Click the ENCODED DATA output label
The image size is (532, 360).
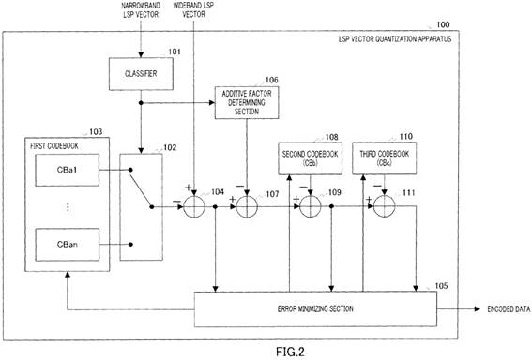(x=509, y=309)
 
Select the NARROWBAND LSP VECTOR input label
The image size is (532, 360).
(x=141, y=10)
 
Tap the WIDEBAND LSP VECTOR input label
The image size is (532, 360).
(x=193, y=10)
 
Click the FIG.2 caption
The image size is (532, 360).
(x=290, y=352)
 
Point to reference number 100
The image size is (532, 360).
(x=443, y=24)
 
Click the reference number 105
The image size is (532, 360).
(x=441, y=286)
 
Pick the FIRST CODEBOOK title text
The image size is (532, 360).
(x=54, y=146)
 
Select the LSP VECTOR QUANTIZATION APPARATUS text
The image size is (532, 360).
(x=395, y=39)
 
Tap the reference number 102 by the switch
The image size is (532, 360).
(x=170, y=147)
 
